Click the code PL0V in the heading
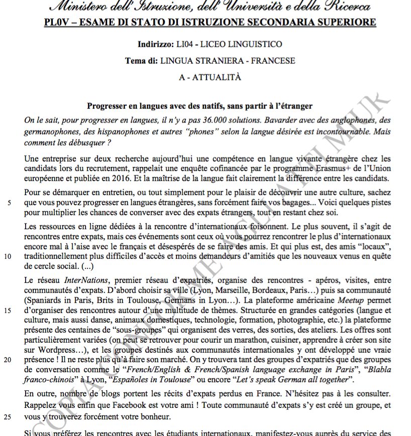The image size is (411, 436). click(x=55, y=23)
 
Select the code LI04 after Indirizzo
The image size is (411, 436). click(x=183, y=45)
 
